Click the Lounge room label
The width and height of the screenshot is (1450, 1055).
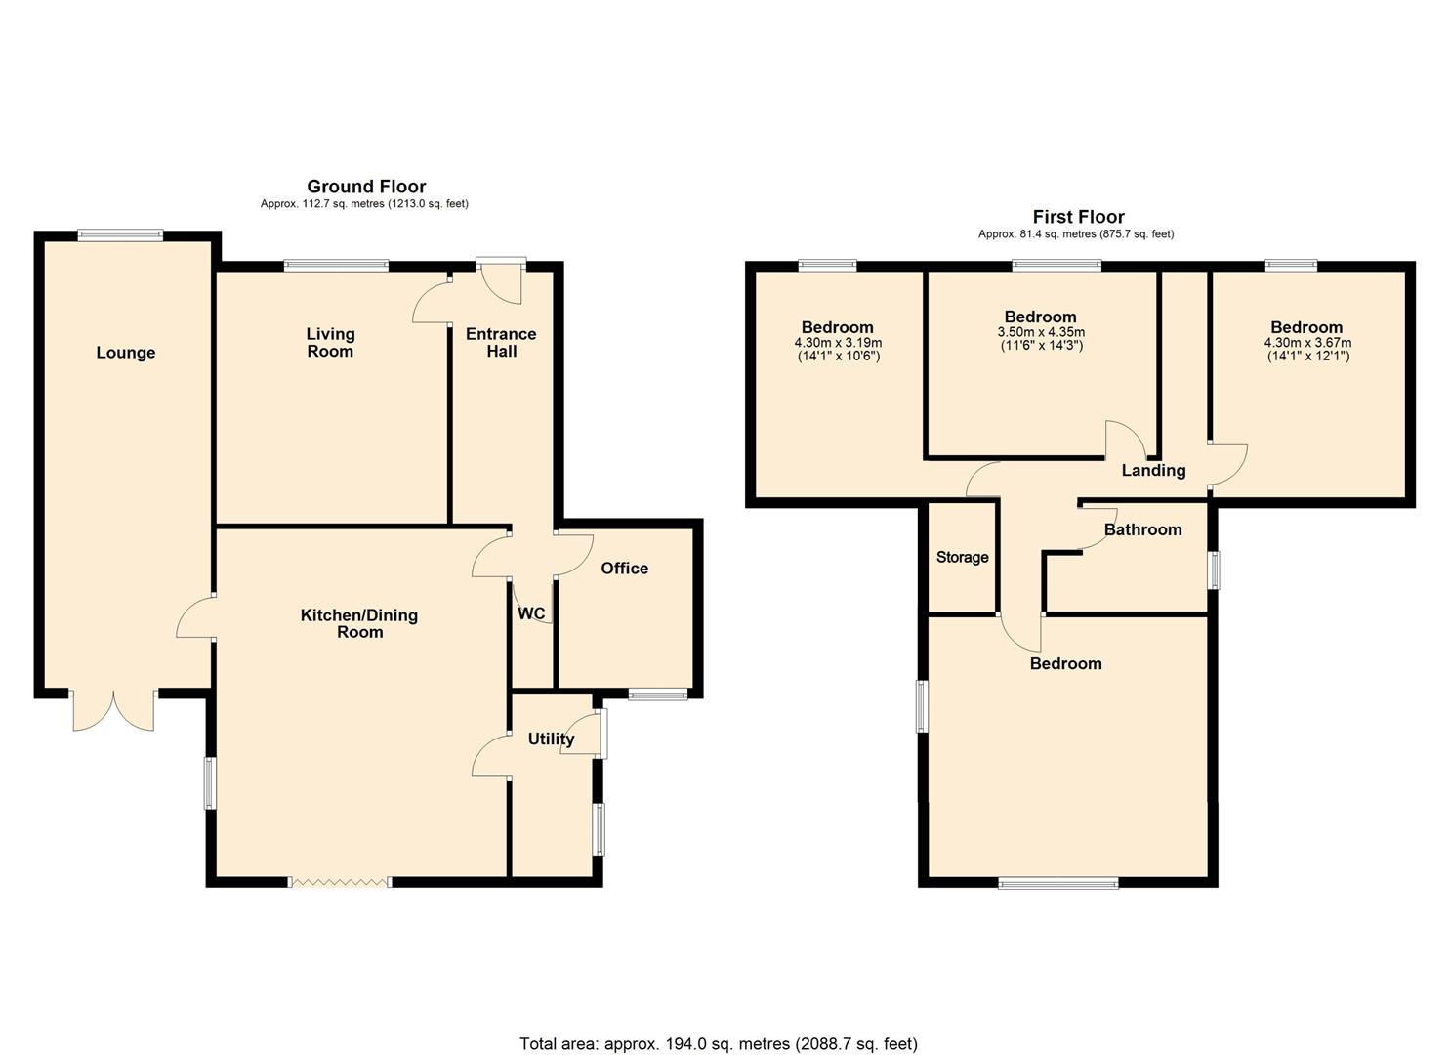pyautogui.click(x=125, y=353)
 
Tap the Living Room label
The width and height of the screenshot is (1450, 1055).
pyautogui.click(x=330, y=343)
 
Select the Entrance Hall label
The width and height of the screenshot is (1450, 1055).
pyautogui.click(x=501, y=343)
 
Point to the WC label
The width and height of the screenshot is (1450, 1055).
pyautogui.click(x=531, y=613)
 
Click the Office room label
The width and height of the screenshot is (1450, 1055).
pyautogui.click(x=624, y=569)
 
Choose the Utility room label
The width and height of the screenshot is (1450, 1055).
pyautogui.click(x=551, y=738)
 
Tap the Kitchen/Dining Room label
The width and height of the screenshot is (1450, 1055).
pyautogui.click(x=359, y=623)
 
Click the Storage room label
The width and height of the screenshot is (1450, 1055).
pyautogui.click(x=962, y=557)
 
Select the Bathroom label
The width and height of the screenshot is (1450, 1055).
pyautogui.click(x=1142, y=529)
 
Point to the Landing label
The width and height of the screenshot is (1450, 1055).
pyautogui.click(x=1153, y=470)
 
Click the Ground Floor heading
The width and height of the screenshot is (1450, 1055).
pyautogui.click(x=366, y=186)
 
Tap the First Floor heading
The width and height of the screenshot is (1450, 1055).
pyautogui.click(x=1078, y=217)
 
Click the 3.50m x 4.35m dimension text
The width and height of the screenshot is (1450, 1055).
pyautogui.click(x=1041, y=332)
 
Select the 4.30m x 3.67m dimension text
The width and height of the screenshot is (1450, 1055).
pyautogui.click(x=1307, y=343)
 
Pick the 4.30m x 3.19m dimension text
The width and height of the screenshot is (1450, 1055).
pyautogui.click(x=838, y=343)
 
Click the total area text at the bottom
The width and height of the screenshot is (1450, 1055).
pyautogui.click(x=719, y=1044)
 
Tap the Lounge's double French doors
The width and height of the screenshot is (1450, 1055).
pyautogui.click(x=113, y=710)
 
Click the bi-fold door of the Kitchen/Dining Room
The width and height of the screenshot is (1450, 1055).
pyautogui.click(x=341, y=882)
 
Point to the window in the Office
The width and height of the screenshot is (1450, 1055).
pyautogui.click(x=657, y=695)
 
